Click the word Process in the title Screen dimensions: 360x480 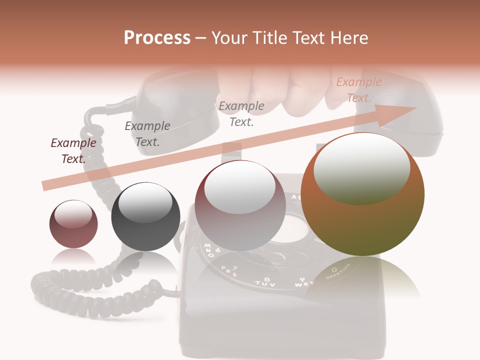157,38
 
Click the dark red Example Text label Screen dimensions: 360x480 73,151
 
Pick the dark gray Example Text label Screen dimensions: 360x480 147,134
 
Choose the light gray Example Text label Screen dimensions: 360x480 241,113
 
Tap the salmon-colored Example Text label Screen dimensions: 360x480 359,90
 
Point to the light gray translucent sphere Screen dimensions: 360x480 240,205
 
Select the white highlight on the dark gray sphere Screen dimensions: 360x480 145,202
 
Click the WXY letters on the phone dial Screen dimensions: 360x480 305,283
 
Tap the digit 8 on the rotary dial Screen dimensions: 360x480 266,278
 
